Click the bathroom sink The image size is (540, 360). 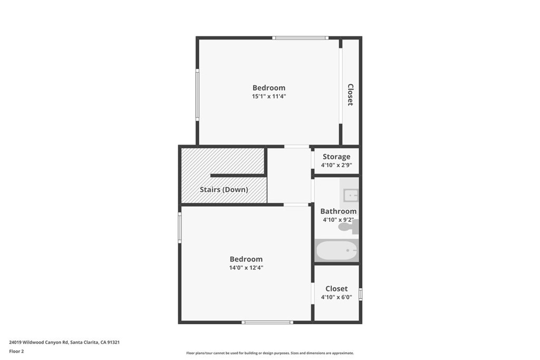351,196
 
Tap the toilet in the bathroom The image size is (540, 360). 348,227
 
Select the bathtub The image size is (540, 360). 336,250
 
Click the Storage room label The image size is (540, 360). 336,157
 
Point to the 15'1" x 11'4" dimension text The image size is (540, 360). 269,96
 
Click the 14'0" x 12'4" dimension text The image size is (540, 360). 246,268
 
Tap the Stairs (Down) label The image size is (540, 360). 224,190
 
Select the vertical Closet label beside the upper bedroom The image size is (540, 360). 350,95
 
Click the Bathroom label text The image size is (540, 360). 338,211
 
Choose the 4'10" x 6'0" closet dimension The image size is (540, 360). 336,297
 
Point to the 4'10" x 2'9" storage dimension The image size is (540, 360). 336,165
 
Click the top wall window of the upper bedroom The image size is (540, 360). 300,38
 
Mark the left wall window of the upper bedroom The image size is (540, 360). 197,95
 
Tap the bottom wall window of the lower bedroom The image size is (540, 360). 267,323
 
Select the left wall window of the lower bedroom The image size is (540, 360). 180,228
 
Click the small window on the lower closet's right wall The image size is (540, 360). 361,294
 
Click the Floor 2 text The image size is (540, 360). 16,352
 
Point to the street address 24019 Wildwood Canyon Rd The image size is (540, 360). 38,343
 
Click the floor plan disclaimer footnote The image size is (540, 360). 270,353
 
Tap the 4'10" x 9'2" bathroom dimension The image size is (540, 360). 338,220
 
